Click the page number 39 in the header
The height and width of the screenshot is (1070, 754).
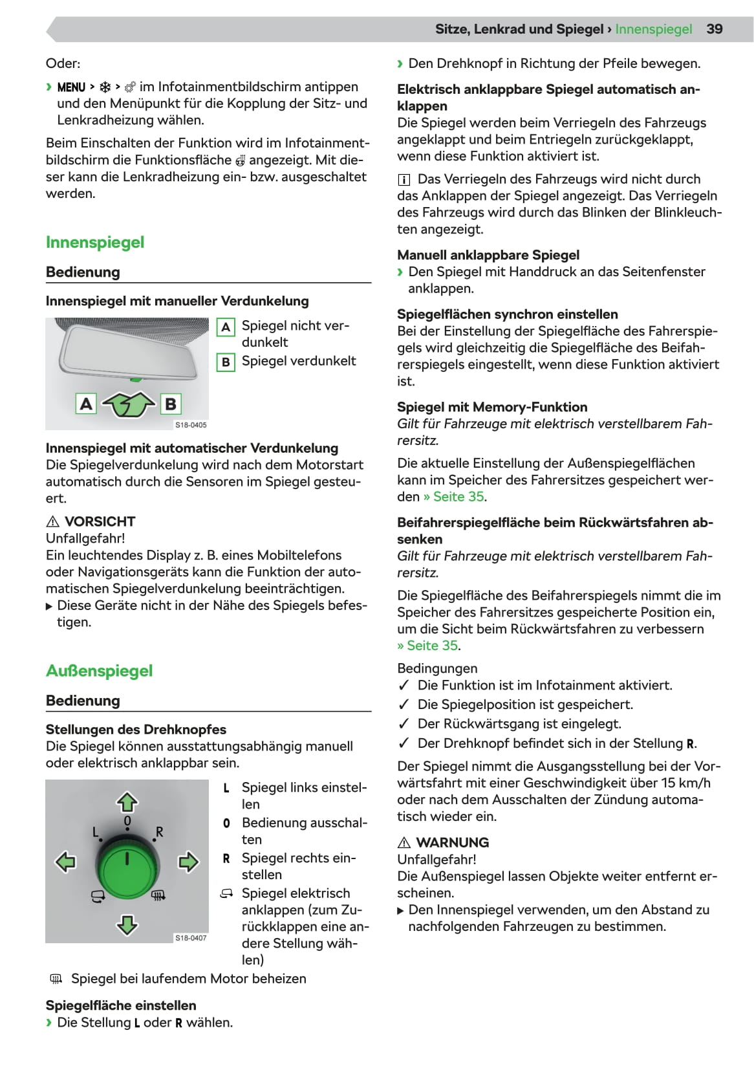pos(714,29)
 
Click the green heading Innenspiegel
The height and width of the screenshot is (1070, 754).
pos(95,243)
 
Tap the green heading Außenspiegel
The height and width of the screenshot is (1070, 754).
pos(99,671)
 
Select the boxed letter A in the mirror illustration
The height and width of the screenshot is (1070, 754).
pos(86,404)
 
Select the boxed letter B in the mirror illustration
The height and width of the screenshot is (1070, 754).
pos(171,404)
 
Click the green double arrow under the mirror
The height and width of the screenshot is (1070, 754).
pos(129,405)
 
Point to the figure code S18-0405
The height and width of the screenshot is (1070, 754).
pos(191,425)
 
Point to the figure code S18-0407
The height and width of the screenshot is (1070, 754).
pos(191,937)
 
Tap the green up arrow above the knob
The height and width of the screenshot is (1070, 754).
pos(127,802)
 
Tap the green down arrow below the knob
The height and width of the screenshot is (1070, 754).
pos(127,924)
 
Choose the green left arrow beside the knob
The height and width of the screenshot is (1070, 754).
pos(66,862)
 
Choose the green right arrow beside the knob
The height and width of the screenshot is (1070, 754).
pos(188,862)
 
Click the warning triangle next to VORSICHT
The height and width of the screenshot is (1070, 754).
pos(53,522)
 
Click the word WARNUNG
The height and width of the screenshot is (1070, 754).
pos(453,842)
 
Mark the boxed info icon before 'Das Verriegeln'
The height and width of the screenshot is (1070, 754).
pos(404,180)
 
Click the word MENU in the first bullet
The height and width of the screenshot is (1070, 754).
pos(71,87)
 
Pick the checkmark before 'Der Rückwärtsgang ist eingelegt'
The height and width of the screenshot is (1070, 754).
pos(404,724)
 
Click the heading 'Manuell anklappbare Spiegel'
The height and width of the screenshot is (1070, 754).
pos(488,255)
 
